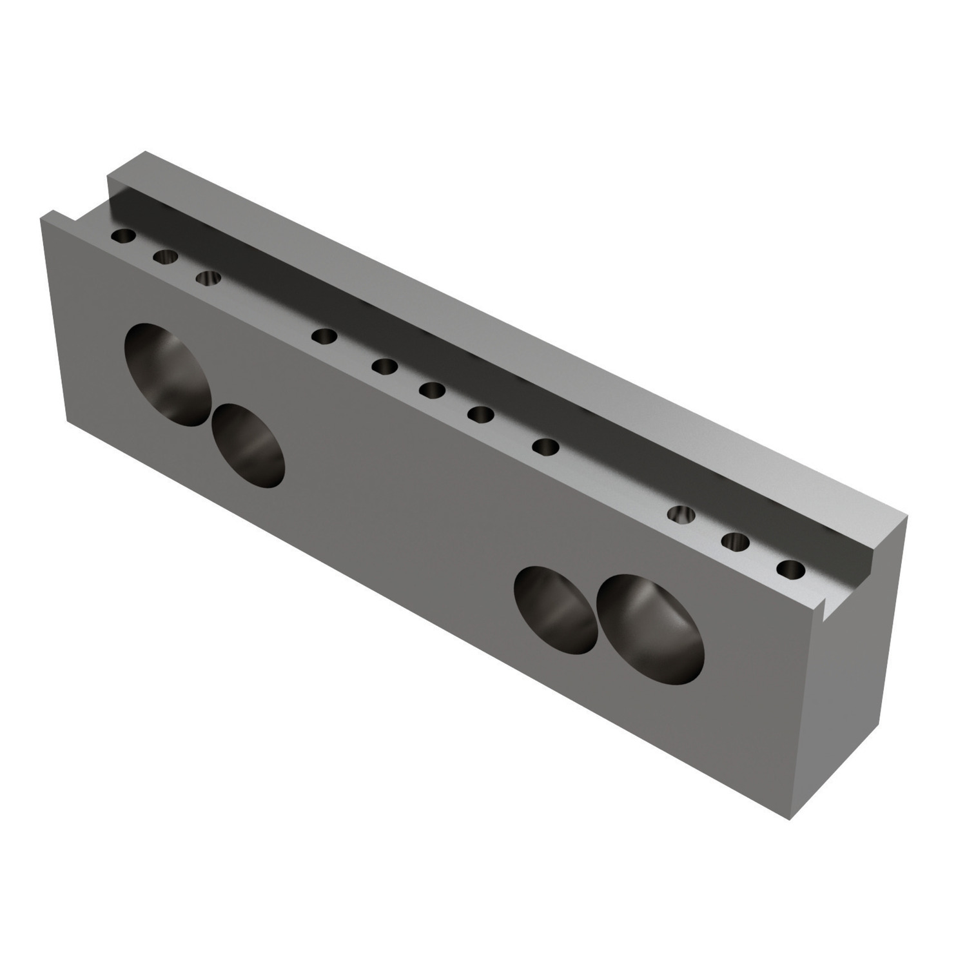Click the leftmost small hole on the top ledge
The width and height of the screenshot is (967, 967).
122,236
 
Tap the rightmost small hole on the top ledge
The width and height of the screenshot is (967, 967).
791,570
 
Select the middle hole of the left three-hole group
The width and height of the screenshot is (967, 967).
166,257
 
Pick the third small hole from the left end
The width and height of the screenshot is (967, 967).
208,278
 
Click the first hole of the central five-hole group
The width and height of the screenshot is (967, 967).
324,336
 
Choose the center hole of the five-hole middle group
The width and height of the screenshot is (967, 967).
432,390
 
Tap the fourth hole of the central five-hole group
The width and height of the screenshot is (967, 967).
480,413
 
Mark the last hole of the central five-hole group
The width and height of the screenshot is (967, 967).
547,447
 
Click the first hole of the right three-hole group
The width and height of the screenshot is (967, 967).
682,515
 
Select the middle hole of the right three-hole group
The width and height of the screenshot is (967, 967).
736,542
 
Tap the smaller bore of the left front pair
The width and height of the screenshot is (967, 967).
248,445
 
